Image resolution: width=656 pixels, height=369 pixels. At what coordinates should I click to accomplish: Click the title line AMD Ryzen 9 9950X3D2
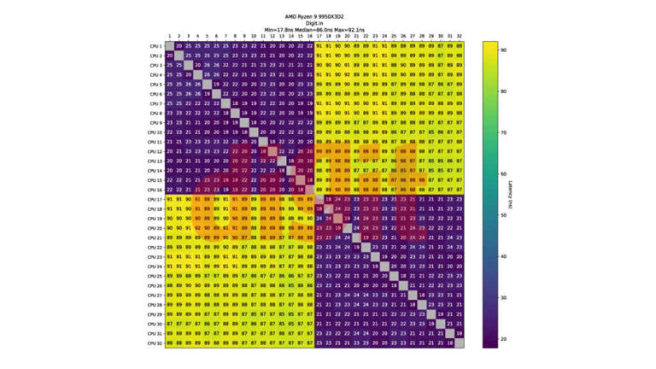click(x=313, y=16)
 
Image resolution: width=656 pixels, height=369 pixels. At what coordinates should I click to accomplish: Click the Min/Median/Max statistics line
click(x=313, y=30)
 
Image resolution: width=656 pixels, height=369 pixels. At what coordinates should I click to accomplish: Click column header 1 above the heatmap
click(x=169, y=37)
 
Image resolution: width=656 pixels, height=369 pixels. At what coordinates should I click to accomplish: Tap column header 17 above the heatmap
click(x=319, y=37)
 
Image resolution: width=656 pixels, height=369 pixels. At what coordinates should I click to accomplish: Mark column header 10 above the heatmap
click(x=254, y=37)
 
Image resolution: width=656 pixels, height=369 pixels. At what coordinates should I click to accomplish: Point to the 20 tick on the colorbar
click(x=505, y=338)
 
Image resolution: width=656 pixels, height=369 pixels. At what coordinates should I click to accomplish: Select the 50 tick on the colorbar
click(x=505, y=214)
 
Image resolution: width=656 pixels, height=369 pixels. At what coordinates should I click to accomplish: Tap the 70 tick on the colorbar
click(x=505, y=132)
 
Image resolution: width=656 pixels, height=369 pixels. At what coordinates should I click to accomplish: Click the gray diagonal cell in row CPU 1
click(x=169, y=45)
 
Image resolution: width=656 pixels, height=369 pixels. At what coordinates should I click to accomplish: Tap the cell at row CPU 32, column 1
click(x=169, y=343)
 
